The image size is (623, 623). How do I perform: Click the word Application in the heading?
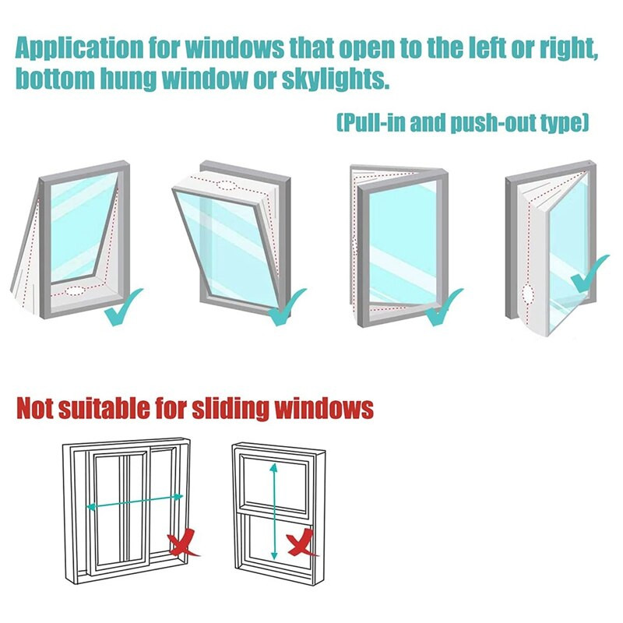pyautogui.click(x=79, y=49)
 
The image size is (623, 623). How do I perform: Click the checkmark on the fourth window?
pyautogui.click(x=590, y=273)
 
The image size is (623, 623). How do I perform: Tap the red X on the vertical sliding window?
pyautogui.click(x=302, y=542)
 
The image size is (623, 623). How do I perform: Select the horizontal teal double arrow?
pyautogui.click(x=135, y=502)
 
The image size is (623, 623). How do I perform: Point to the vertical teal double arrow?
pyautogui.click(x=273, y=512)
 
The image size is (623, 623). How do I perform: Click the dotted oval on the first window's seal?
pyautogui.click(x=75, y=290)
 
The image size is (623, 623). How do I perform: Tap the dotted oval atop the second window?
pyautogui.click(x=226, y=185)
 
